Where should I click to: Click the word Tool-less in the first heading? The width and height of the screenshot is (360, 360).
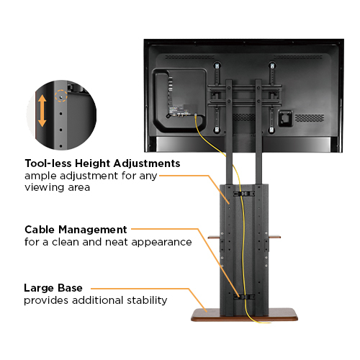tap(50, 163)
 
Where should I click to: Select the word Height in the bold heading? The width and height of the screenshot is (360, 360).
tap(97, 163)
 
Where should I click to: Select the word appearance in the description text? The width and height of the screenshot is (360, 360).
tap(162, 242)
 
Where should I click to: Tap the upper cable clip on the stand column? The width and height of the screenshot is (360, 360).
tap(244, 193)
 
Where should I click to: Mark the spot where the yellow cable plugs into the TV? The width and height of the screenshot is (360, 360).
tap(195, 115)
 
